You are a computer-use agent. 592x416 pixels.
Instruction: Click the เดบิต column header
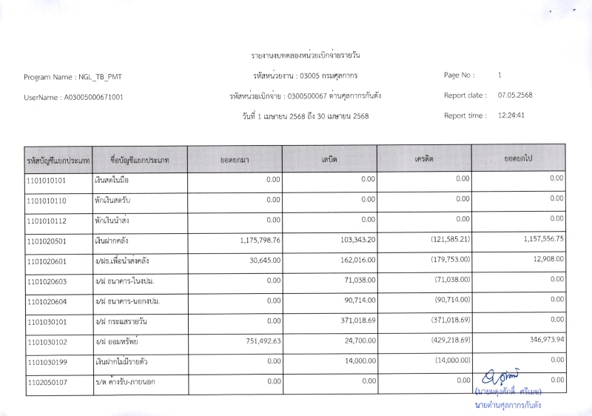point(329,159)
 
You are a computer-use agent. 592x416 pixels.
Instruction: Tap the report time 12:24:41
point(511,115)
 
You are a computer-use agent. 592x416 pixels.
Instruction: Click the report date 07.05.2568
point(515,95)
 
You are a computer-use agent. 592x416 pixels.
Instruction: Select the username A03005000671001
point(94,97)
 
